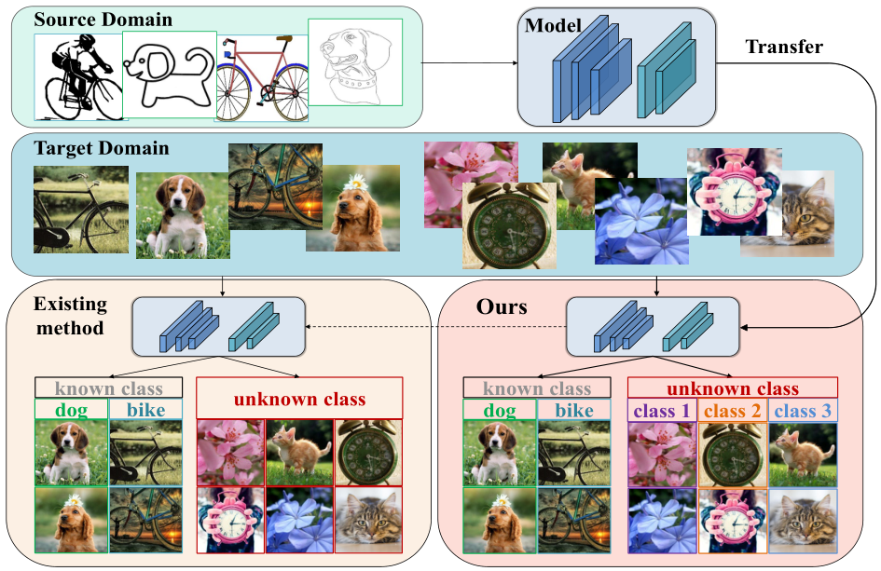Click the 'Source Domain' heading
[x=103, y=20]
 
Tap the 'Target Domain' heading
[x=101, y=148]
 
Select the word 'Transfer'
[x=784, y=47]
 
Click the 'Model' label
[x=553, y=25]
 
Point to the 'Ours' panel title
[x=502, y=306]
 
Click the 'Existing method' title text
[x=70, y=316]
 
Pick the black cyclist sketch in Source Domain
[x=79, y=77]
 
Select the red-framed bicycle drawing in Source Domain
[x=262, y=78]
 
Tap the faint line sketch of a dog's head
[x=355, y=62]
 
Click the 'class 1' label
[x=661, y=411]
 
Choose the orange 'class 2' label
[x=732, y=411]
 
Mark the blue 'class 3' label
[x=803, y=411]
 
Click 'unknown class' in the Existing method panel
[x=299, y=400]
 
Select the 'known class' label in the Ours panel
[x=537, y=388]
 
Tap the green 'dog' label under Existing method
[x=72, y=410]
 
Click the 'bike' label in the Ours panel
[x=574, y=411]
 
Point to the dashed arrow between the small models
[x=436, y=327]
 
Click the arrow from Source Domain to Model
[x=470, y=63]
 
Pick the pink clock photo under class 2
[x=732, y=521]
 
